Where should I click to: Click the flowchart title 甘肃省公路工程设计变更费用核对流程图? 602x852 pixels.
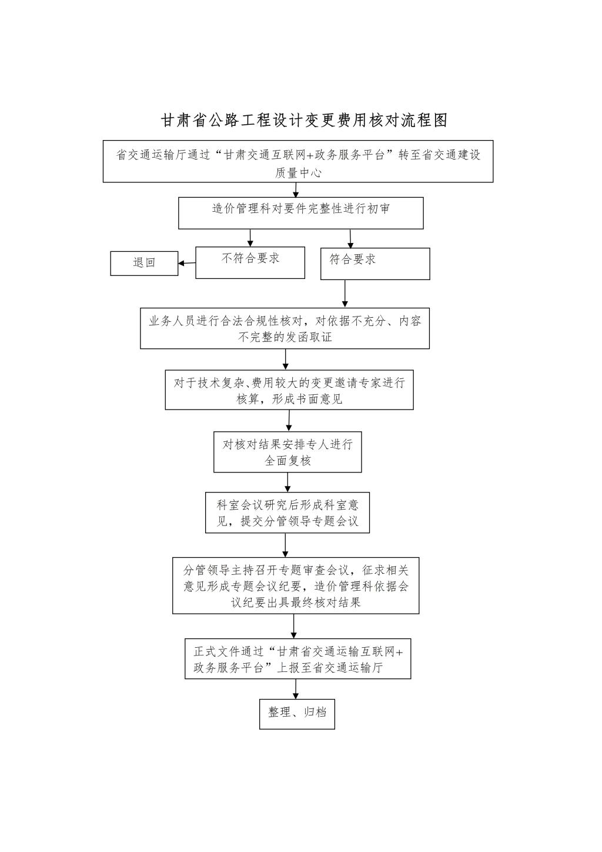(x=304, y=120)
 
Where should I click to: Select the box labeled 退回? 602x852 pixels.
(x=144, y=263)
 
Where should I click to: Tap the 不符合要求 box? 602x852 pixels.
(x=250, y=262)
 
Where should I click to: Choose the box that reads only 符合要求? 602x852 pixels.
(x=375, y=264)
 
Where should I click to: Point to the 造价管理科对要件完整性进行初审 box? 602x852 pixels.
(x=300, y=213)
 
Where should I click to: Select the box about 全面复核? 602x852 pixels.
(x=287, y=452)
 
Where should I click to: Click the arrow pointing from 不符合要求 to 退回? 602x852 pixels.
(x=187, y=263)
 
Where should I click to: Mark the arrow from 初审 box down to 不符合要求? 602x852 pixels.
(x=250, y=238)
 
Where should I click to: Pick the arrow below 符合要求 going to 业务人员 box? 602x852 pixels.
(x=345, y=294)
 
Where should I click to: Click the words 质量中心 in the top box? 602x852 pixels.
(x=298, y=173)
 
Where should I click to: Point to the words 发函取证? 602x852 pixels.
(x=309, y=337)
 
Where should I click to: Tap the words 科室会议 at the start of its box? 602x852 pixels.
(x=240, y=505)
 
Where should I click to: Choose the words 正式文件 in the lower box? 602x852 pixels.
(x=217, y=651)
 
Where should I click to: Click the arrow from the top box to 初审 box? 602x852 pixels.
(x=296, y=190)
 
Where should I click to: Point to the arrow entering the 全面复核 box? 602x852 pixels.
(x=289, y=421)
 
